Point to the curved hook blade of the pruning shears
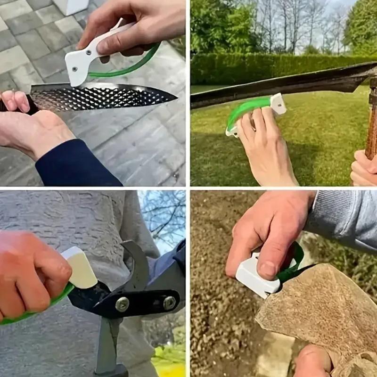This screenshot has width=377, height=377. [x=137, y=264]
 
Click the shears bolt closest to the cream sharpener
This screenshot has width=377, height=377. [x=122, y=304]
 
